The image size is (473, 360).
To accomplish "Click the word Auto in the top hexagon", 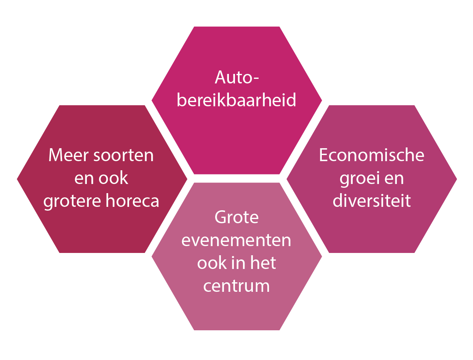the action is (x=233, y=77).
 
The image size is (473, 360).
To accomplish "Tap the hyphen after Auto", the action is (x=256, y=79).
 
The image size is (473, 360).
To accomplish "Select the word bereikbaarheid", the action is (x=237, y=100).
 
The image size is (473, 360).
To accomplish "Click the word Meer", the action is (x=69, y=155).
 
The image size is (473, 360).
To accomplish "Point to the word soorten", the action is (x=123, y=156).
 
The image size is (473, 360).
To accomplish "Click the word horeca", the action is (x=132, y=200).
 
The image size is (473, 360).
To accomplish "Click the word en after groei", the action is (x=394, y=179).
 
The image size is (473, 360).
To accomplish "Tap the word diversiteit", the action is (x=372, y=200).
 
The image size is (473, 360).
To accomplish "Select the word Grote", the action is (x=237, y=217).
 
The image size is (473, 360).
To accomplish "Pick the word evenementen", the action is (x=237, y=241).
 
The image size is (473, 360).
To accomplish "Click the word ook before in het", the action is (x=212, y=263).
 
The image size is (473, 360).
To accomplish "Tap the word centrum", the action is (x=237, y=286).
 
